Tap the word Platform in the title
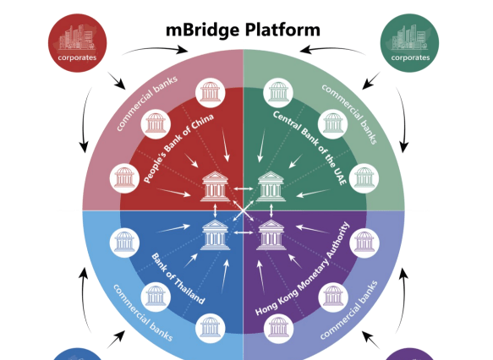(283, 30)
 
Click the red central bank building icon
(215, 185)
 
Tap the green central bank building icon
(270, 185)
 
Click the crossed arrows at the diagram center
(243, 209)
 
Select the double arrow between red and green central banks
(243, 188)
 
